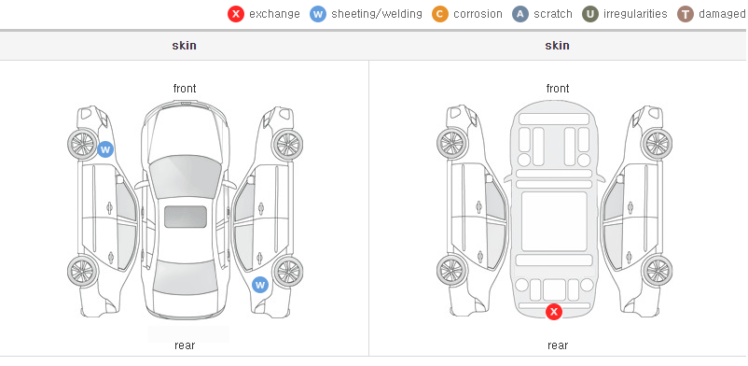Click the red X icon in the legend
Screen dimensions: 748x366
click(x=236, y=14)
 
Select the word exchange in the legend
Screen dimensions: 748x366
click(x=274, y=14)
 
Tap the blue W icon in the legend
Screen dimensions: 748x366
click(x=318, y=14)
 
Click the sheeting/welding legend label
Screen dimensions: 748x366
click(x=377, y=14)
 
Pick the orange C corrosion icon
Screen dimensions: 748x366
click(x=440, y=14)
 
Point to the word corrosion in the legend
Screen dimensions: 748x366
click(x=478, y=14)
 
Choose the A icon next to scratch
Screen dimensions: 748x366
click(x=520, y=14)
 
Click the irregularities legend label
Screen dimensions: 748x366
click(x=635, y=14)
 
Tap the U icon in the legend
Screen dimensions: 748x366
click(x=590, y=14)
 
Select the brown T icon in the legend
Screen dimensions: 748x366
click(x=685, y=14)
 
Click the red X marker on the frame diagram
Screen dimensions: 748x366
click(x=554, y=312)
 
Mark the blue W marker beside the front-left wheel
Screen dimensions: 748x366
click(x=105, y=149)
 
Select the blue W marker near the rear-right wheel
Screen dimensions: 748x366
click(x=260, y=286)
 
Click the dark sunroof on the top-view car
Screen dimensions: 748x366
click(x=186, y=217)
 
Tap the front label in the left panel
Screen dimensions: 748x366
click(x=185, y=89)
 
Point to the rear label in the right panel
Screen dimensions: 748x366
click(x=558, y=345)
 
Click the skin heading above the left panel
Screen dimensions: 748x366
click(x=184, y=46)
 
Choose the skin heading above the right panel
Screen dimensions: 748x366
click(x=557, y=46)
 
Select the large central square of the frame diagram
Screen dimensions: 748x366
click(x=554, y=221)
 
